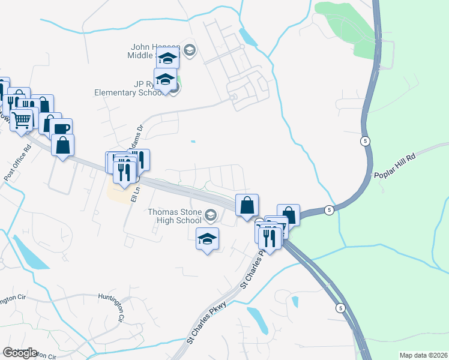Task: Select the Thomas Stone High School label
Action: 175,215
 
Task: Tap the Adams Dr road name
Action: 137,136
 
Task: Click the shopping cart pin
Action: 21,120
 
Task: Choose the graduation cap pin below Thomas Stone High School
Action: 208,239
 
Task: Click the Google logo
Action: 20,353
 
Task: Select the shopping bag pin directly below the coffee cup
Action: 62,145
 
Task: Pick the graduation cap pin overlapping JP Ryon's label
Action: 164,79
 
